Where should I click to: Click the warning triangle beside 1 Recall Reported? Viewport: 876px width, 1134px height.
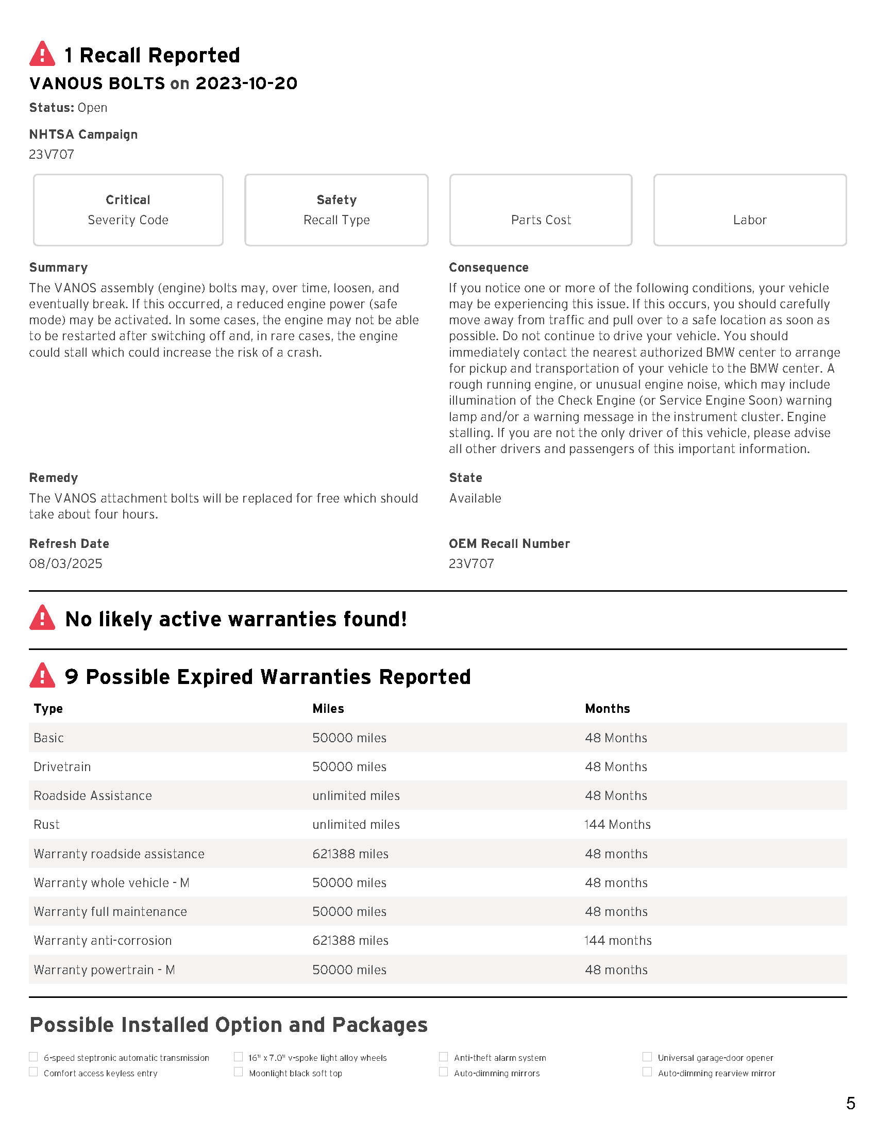point(42,54)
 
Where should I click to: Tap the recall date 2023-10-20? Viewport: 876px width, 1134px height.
point(246,83)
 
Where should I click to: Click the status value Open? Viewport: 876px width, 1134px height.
point(92,108)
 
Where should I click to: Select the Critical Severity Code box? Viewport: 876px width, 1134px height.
point(128,210)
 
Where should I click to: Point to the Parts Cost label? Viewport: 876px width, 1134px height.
point(541,220)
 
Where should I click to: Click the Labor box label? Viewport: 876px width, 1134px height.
point(749,220)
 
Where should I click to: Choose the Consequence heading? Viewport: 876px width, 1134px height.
point(488,268)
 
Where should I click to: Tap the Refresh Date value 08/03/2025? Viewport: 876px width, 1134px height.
point(66,563)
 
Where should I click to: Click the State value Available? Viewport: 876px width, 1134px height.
point(475,498)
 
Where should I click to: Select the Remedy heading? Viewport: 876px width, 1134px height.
point(54,478)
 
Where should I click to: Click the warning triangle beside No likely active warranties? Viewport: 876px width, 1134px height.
point(42,618)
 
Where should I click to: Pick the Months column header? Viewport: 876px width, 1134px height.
point(607,709)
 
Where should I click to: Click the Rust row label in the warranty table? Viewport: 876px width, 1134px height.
point(47,825)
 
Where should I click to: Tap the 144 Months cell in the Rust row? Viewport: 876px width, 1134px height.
point(617,825)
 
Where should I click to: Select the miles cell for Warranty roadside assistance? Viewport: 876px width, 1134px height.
point(350,854)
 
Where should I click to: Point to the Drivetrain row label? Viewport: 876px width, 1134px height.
point(62,767)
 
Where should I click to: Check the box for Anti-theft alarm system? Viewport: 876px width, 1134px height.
point(443,1057)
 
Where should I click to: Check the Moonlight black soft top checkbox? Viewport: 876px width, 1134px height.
point(238,1072)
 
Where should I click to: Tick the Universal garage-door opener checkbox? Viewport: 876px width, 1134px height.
point(647,1057)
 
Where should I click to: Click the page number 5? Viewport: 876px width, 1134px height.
point(850,1103)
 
